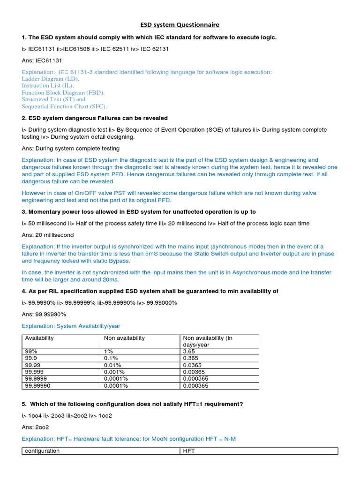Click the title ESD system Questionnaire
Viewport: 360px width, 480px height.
(180, 24)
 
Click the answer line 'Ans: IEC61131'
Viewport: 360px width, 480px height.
(42, 60)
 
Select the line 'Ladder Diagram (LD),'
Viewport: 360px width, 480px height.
(50, 79)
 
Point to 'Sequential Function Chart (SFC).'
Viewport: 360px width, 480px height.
(67, 106)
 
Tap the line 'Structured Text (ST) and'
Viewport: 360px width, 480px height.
(53, 99)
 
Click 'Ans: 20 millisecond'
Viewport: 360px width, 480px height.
(48, 235)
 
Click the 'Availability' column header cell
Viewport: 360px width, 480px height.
(39, 338)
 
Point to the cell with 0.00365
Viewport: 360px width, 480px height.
(194, 372)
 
